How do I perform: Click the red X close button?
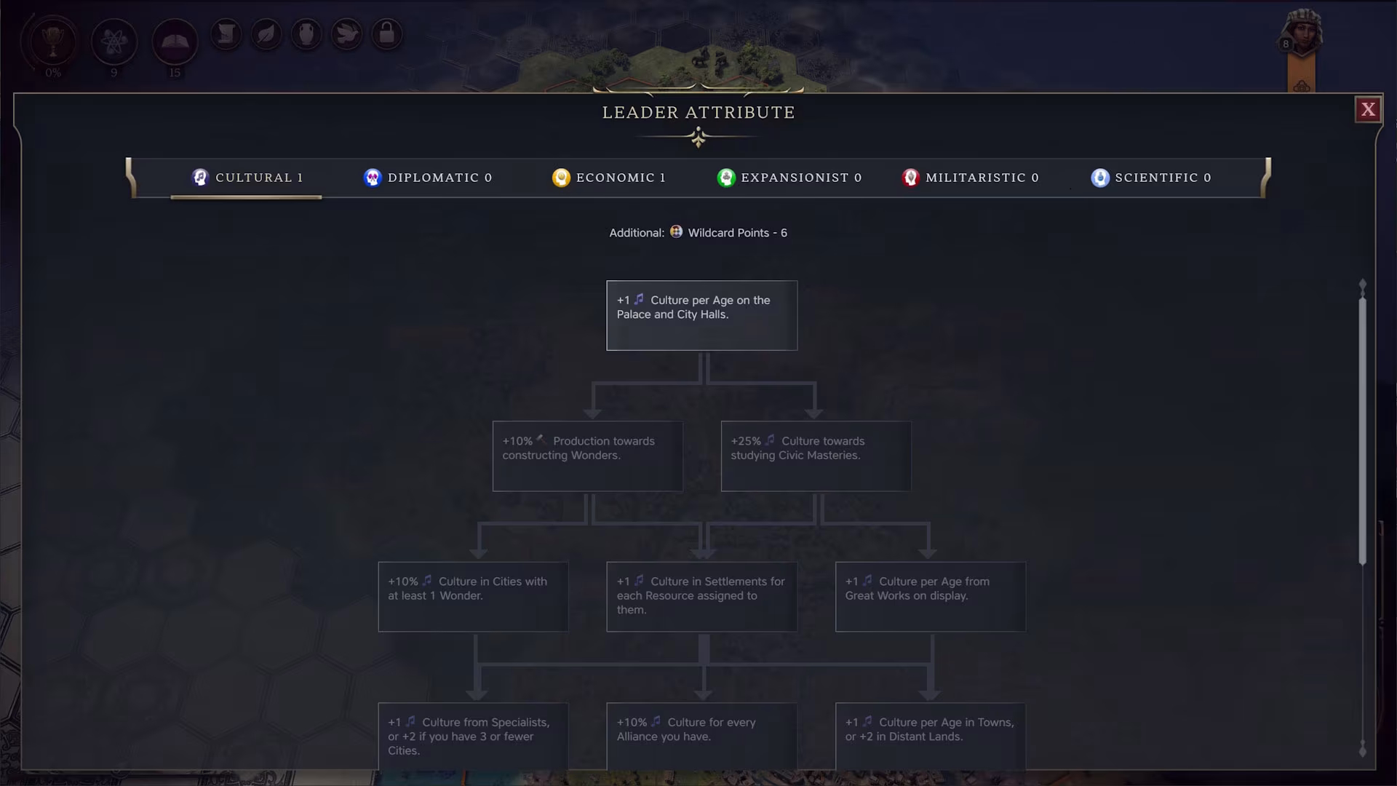(x=1368, y=110)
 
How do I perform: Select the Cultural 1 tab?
(x=247, y=178)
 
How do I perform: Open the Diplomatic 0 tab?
(x=428, y=178)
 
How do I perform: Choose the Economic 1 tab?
(x=609, y=178)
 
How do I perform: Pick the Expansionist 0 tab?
(x=789, y=178)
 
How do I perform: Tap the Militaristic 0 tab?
(x=971, y=178)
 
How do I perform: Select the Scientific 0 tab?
(x=1151, y=178)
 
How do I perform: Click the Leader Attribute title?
(x=698, y=113)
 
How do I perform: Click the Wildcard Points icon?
(x=676, y=231)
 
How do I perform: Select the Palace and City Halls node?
(x=702, y=316)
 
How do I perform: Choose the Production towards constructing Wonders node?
(x=588, y=456)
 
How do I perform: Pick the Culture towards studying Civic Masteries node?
(x=816, y=456)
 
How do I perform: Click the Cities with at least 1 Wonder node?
(x=474, y=597)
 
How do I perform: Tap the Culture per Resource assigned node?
(x=702, y=597)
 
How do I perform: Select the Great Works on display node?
(x=931, y=597)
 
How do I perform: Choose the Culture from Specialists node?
(x=474, y=737)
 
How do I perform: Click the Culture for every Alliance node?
(x=702, y=737)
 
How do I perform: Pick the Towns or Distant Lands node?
(x=931, y=737)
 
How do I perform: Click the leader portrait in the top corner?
(x=1302, y=33)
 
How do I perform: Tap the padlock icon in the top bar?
(x=387, y=33)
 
